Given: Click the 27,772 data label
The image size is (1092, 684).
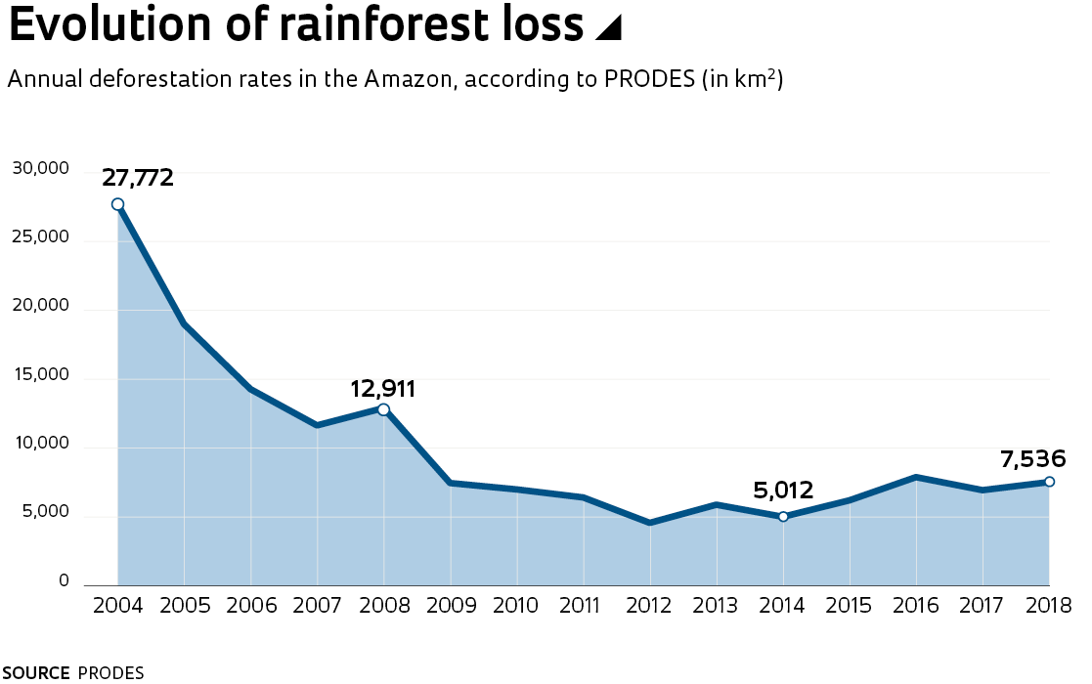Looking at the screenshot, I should (138, 178).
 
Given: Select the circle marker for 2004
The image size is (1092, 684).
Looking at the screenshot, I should (117, 204).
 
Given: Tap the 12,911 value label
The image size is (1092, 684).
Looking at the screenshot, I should (383, 389).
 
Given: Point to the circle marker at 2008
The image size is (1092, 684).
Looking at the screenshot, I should (383, 409).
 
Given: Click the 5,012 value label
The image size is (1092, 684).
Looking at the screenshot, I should (783, 491).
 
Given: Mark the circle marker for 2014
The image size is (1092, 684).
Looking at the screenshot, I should (783, 516).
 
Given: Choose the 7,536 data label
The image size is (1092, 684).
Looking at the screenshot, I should (1032, 458).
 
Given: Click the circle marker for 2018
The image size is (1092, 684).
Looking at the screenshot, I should (1049, 481).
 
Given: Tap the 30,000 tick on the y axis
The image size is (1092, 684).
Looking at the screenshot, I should (40, 169).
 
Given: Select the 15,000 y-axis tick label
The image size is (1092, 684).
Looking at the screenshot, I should (40, 375).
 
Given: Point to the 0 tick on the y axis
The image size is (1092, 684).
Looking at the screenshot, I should (64, 581).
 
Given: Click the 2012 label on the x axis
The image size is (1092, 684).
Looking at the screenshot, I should (649, 606).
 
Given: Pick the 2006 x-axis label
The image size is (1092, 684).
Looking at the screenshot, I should (250, 606).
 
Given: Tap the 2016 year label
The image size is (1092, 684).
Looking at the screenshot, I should (915, 606).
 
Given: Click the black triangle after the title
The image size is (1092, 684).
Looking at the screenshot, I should (608, 29).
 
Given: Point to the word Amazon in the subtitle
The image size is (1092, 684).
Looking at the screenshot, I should (407, 79).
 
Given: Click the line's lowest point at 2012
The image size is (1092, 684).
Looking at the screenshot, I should (650, 523).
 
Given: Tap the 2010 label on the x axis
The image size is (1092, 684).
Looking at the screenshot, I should (516, 606).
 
